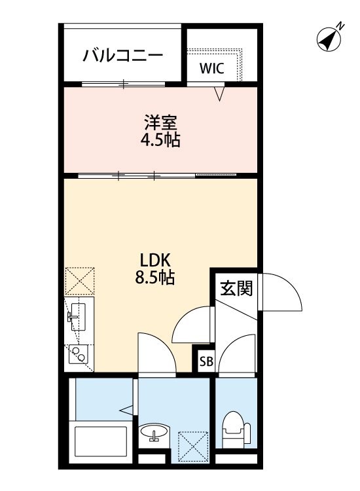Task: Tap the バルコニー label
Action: tap(122, 56)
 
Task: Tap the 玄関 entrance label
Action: tap(236, 287)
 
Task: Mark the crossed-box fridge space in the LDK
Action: tap(80, 282)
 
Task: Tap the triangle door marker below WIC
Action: tap(220, 95)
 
